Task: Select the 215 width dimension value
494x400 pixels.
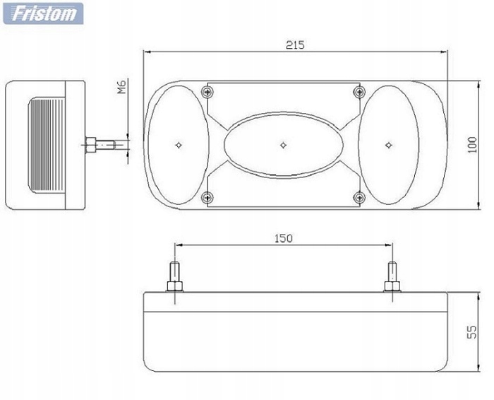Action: pos(295,45)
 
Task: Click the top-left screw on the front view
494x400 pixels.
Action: pos(207,92)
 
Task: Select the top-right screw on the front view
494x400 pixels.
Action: pos(360,92)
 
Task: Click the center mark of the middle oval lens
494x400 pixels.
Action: pos(283,144)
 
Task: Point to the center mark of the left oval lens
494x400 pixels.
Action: pos(179,144)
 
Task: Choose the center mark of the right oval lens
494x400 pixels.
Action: pos(388,144)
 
